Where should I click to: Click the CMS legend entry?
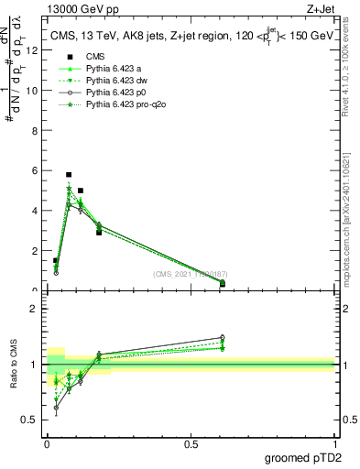[x=95, y=56]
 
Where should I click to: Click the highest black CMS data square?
[x=69, y=174]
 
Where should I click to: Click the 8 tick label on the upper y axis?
[x=34, y=130]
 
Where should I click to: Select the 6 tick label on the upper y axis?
[x=34, y=170]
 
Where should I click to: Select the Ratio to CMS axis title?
[x=15, y=365]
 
